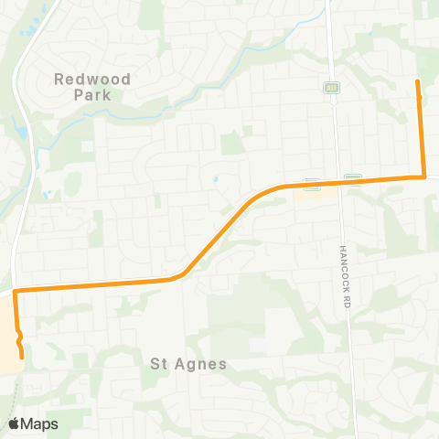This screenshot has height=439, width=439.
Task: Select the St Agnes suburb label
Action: point(187,363)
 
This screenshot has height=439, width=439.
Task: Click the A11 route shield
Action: point(330,88)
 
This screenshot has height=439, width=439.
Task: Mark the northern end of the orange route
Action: point(418,82)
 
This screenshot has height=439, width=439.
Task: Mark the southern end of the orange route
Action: point(21,358)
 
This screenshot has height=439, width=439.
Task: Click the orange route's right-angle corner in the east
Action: point(424,177)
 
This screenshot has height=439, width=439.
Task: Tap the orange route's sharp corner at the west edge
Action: point(16,291)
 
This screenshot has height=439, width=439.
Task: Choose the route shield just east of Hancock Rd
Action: point(353,177)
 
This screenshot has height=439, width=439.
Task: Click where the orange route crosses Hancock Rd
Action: point(337,182)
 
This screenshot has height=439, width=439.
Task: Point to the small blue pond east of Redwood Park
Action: point(215,179)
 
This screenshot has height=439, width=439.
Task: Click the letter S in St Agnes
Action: point(155,363)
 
